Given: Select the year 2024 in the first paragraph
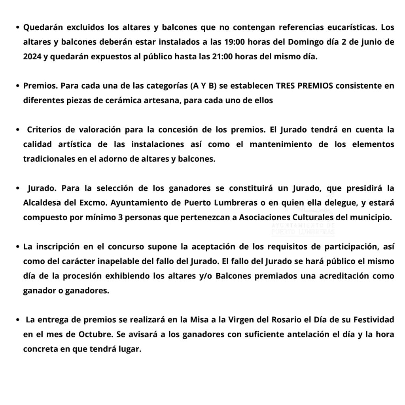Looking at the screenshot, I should pyautogui.click(x=32, y=57).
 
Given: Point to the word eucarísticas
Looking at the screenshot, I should pyautogui.click(x=351, y=28).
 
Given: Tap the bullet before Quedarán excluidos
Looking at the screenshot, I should pyautogui.click(x=18, y=28).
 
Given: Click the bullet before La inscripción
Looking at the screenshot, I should pyautogui.click(x=18, y=247).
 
